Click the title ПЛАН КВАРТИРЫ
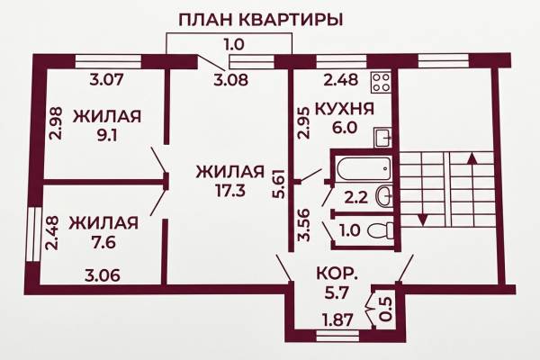[261, 20]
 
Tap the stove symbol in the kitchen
[382, 82]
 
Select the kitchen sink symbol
[383, 138]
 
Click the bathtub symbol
[364, 169]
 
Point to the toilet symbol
[380, 230]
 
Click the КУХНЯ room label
[345, 109]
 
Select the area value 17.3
[230, 191]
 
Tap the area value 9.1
[107, 135]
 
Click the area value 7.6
[104, 242]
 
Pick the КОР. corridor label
[337, 274]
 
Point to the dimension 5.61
[279, 184]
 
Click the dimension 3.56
[305, 225]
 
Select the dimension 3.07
[106, 80]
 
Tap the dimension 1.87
[337, 320]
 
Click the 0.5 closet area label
[387, 310]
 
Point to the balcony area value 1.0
[234, 45]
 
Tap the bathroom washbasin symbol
[385, 196]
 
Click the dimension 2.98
[56, 123]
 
